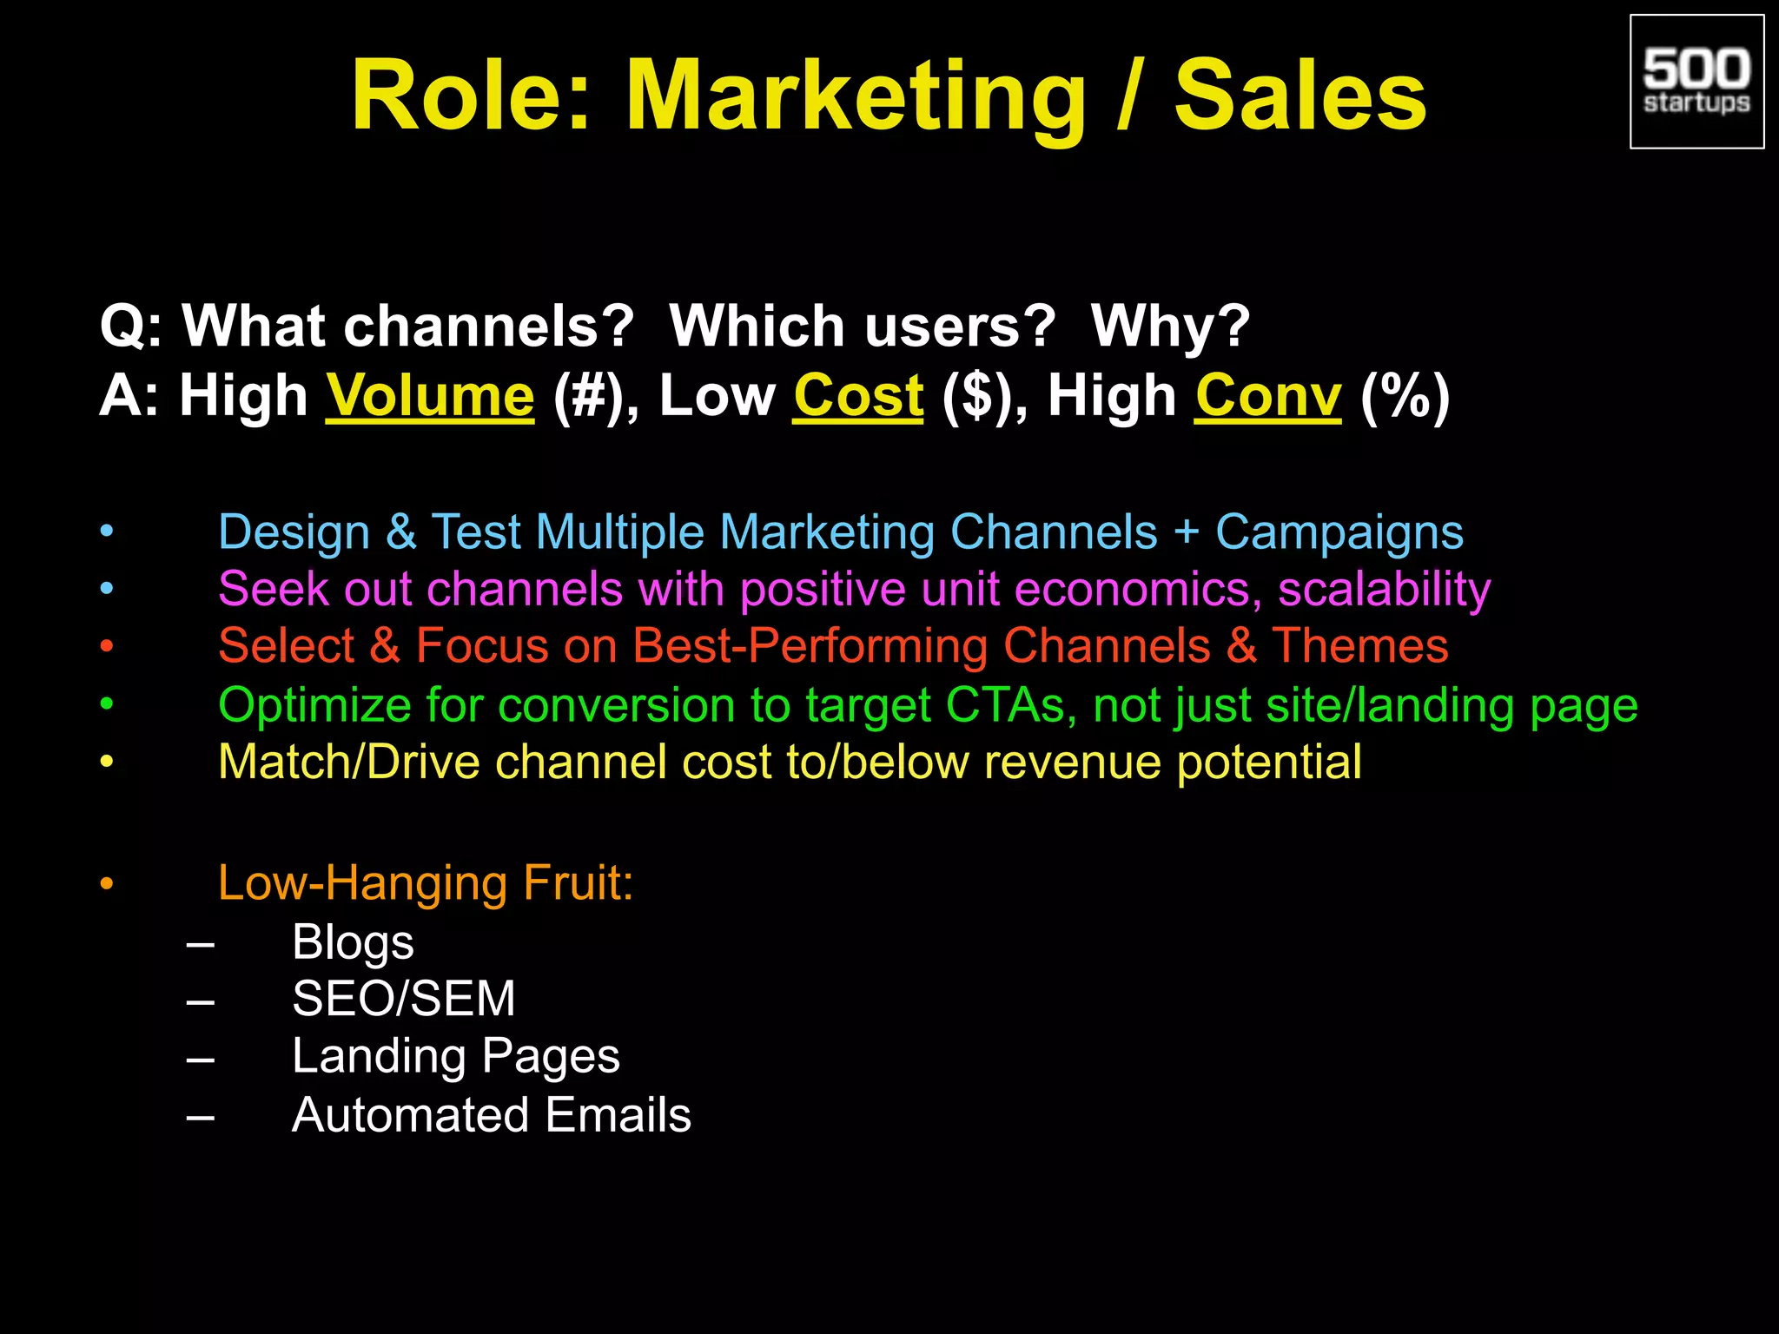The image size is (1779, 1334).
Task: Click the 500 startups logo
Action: [x=1696, y=82]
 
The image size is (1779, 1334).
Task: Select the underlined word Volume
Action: [x=430, y=397]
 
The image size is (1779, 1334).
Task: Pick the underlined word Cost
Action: [x=857, y=397]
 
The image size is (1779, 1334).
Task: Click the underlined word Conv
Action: [x=1267, y=397]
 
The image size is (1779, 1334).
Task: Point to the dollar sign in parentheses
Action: [x=977, y=397]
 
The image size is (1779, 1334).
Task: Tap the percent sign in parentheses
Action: [x=1405, y=397]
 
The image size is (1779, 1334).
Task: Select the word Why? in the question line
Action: [x=1170, y=327]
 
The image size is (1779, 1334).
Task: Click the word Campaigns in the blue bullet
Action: [x=1339, y=532]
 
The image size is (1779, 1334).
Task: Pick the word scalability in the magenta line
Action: [x=1384, y=590]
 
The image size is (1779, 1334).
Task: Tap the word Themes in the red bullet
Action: [x=1359, y=646]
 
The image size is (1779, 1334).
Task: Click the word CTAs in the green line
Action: [x=1005, y=704]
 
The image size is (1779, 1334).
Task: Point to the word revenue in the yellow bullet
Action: [x=1073, y=763]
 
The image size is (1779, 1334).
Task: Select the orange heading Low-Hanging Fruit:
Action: [x=426, y=883]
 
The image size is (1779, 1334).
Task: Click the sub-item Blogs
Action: [x=353, y=942]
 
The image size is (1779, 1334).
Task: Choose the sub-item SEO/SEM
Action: [x=404, y=999]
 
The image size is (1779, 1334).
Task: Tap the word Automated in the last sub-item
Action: [x=410, y=1115]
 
